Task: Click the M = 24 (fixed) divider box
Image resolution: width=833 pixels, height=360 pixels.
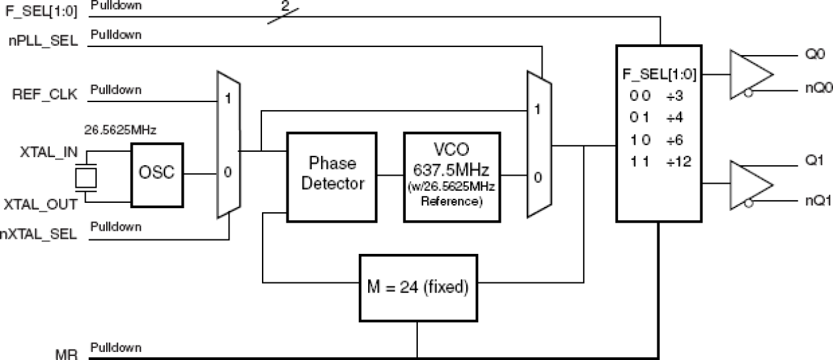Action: point(417,288)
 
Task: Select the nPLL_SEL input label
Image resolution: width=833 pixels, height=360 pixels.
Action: point(52,40)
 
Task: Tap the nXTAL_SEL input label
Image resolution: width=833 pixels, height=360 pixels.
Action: point(40,233)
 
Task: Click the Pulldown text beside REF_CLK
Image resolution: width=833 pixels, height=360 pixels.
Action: point(115,89)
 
